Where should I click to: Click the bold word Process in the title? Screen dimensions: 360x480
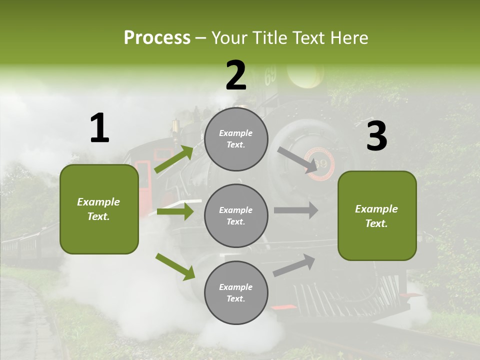pos(157,38)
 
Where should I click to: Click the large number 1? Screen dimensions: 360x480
pos(99,128)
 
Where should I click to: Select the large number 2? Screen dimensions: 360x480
pos(236,75)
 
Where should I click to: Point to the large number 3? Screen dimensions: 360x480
pos(376,136)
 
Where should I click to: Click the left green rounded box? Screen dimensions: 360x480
pos(99,209)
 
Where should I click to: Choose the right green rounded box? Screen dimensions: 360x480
pos(377,215)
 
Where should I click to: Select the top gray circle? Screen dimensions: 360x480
pos(236,139)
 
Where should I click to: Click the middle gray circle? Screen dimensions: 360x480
pos(236,216)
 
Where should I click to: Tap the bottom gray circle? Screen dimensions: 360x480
pos(236,293)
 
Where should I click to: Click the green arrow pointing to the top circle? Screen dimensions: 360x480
pos(174,159)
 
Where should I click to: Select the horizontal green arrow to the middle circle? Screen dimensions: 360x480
pos(175,211)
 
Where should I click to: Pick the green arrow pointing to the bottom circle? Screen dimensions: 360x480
pos(175,266)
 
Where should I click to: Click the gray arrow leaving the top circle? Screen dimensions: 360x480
pos(298,160)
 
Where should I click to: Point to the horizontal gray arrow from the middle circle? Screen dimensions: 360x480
pos(295,210)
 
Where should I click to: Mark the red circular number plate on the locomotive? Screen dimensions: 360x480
pos(320,163)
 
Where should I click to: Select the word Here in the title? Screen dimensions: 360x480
pos(349,38)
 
